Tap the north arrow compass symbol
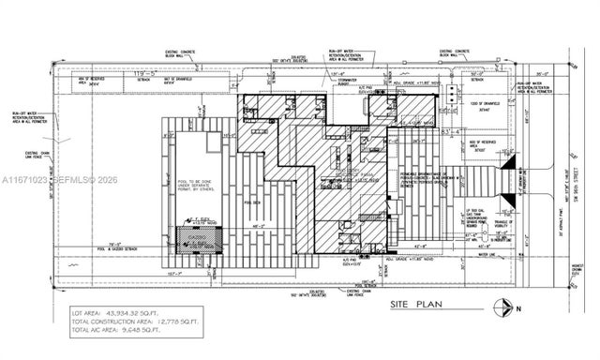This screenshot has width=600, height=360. point(505,307)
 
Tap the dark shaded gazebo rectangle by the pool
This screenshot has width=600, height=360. point(192,241)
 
